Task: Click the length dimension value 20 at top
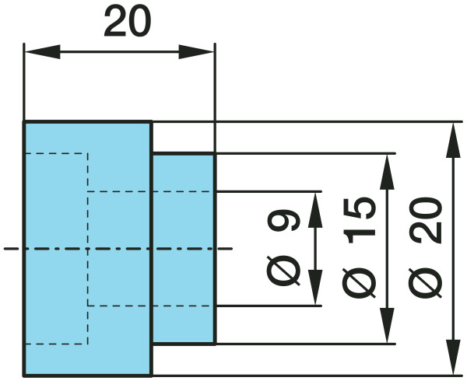(128, 22)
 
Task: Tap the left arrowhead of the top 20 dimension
(43, 52)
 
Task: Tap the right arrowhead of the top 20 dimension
(196, 52)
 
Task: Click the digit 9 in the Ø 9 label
(283, 220)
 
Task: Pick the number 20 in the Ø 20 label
(425, 220)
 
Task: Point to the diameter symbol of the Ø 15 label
(359, 281)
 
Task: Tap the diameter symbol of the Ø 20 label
(425, 281)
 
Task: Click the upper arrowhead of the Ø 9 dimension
(315, 210)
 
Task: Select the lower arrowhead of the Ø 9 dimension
(315, 288)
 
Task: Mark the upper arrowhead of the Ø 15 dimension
(387, 172)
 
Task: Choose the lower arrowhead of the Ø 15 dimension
(387, 325)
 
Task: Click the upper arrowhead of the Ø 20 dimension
(453, 141)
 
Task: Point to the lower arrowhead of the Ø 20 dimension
(453, 357)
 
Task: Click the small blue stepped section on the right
(184, 249)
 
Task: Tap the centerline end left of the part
(5, 249)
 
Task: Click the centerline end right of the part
(232, 249)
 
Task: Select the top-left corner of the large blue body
(23, 121)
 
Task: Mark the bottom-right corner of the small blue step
(215, 344)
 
